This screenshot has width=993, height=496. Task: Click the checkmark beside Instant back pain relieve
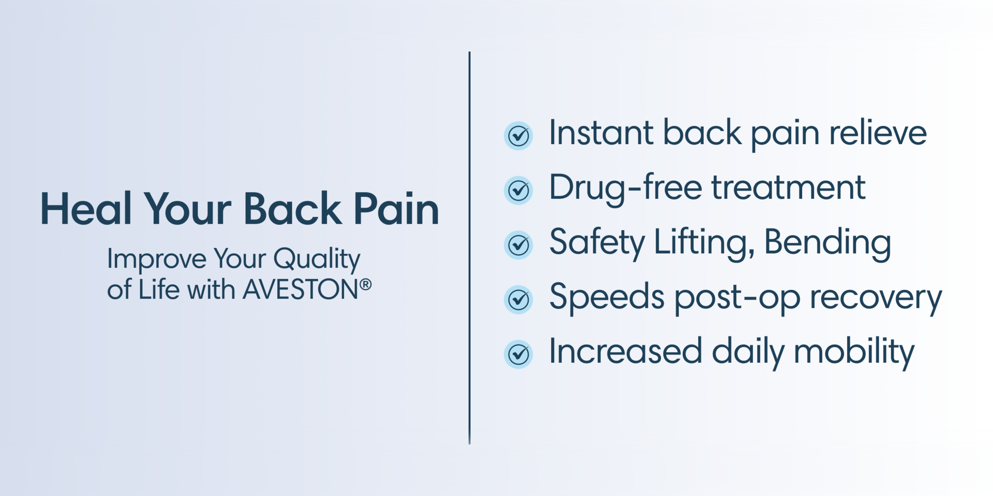coord(518,136)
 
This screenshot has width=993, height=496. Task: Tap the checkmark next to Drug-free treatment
coord(518,190)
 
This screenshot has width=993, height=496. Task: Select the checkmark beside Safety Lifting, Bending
coord(518,245)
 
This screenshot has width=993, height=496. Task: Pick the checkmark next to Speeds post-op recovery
coord(518,300)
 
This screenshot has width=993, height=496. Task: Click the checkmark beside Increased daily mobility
coord(518,354)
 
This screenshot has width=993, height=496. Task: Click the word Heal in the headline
coord(86,209)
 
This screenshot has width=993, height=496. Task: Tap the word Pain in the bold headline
coord(396,209)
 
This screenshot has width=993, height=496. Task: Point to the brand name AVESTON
coord(300,289)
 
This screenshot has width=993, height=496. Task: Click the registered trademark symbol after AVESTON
coord(366,284)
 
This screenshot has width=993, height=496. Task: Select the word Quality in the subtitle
coord(317,259)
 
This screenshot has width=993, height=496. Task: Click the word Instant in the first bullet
coord(601,133)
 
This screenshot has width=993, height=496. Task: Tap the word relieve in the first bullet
coord(878,133)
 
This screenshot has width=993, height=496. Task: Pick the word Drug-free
coord(625,188)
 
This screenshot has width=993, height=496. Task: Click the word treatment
coord(788,188)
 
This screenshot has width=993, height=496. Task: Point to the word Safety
coord(597,243)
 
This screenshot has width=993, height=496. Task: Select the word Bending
coord(827,243)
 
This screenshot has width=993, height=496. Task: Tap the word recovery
coord(876,298)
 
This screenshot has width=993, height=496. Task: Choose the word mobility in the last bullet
coord(854,352)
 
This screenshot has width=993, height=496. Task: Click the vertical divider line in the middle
coord(470,248)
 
